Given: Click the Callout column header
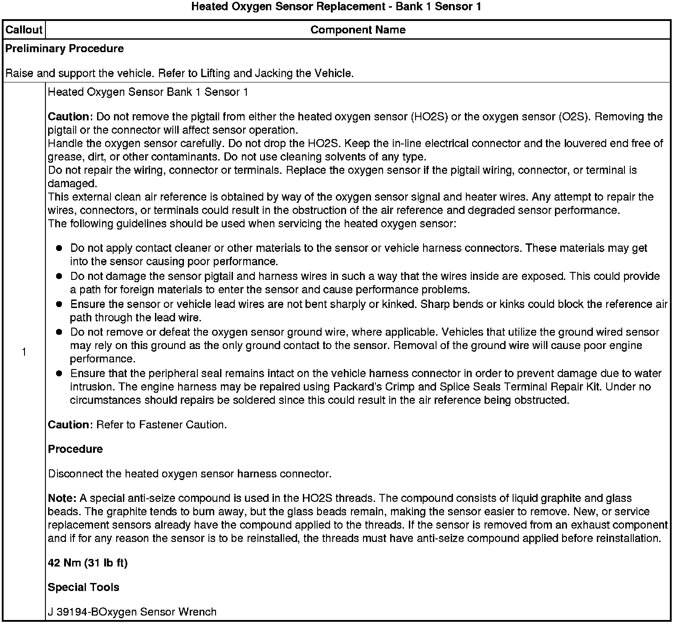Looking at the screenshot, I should coord(24,30).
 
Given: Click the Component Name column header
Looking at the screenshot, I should coord(358,30).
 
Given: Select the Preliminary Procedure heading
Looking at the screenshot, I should coord(65,49).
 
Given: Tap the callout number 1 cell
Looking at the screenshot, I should coord(24,353).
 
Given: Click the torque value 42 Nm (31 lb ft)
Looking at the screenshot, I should coord(88,563).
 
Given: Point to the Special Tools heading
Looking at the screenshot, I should coord(83,587).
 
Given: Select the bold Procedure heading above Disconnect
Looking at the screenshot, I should coord(75,449).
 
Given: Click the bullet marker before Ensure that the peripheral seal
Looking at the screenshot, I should coord(59,374).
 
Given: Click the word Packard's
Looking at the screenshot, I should coord(455,387).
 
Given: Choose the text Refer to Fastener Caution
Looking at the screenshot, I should coord(161,425).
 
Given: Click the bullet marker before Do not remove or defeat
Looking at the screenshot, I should coord(59,333).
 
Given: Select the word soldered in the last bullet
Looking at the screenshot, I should coord(254,400).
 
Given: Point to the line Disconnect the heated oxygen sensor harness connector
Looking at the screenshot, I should coord(189,474).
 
